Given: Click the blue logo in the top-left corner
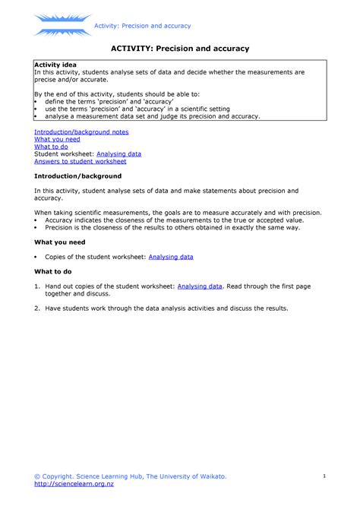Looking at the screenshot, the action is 62,24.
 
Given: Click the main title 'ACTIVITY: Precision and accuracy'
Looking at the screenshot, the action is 180,49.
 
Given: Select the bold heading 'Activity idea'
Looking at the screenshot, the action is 55,65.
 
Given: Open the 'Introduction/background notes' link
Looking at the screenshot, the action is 81,131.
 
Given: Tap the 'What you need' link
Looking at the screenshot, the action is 57,139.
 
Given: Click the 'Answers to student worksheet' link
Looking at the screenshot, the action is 80,162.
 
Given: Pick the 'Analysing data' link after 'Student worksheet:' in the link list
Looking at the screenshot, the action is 118,154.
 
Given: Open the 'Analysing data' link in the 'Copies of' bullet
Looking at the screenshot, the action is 171,257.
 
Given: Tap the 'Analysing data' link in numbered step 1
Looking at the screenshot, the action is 200,286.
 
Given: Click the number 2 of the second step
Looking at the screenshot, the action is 36,308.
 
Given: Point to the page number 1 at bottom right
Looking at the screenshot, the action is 324,476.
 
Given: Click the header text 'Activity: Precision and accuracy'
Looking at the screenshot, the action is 142,27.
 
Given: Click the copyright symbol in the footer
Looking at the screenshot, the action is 37,476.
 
